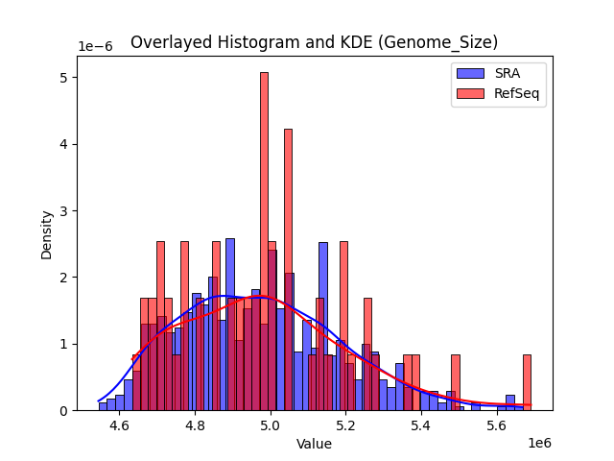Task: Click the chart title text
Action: [x=314, y=42]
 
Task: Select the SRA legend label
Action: [x=508, y=74]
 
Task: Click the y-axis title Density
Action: [x=46, y=235]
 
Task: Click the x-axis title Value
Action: [x=314, y=445]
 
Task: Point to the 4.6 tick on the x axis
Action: [x=120, y=425]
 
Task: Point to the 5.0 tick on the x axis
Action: [x=271, y=425]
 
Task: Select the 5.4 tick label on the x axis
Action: [x=421, y=425]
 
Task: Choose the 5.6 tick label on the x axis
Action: [x=496, y=425]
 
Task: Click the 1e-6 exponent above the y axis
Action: [x=95, y=47]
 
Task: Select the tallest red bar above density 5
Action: [x=264, y=240]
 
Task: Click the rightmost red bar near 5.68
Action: [x=527, y=382]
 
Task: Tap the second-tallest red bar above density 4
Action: [x=288, y=269]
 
